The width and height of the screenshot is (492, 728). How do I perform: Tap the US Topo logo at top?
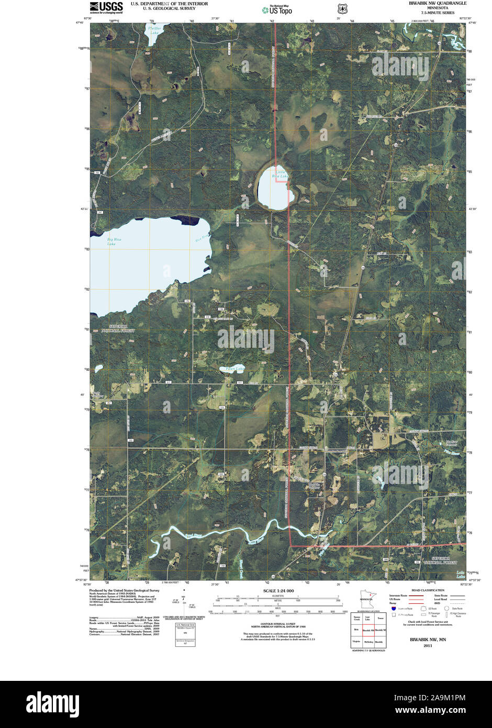277,9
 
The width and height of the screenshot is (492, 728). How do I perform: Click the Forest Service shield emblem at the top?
342,9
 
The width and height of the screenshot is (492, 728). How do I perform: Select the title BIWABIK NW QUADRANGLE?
438,3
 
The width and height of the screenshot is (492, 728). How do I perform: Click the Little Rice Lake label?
279,174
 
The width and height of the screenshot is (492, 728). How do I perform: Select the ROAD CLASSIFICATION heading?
428,590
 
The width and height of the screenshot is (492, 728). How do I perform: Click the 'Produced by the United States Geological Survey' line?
124,590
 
